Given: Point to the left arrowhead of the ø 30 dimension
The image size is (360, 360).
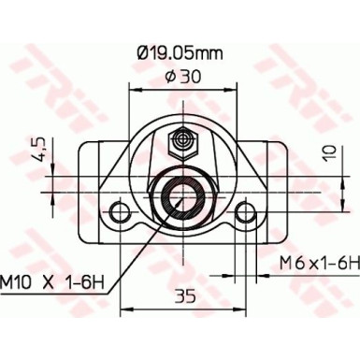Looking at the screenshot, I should pyautogui.click(x=131, y=91).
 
